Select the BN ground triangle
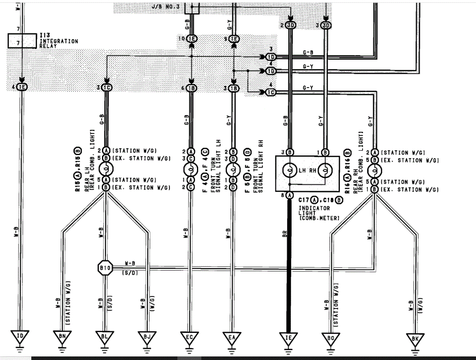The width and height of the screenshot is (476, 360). click(x=62, y=337)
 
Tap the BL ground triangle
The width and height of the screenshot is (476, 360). click(x=104, y=337)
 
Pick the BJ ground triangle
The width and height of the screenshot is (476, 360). click(x=147, y=337)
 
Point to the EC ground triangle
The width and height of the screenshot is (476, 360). click(x=189, y=337)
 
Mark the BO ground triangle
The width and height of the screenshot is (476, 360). click(x=330, y=338)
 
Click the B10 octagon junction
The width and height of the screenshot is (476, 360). click(x=105, y=268)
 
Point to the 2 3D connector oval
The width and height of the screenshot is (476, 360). click(x=290, y=26)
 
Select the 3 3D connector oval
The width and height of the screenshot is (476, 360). click(x=326, y=26)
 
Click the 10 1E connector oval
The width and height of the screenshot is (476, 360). click(x=191, y=38)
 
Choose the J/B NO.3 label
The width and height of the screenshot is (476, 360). click(x=165, y=7)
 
